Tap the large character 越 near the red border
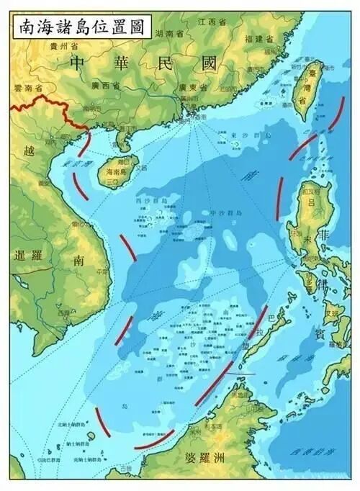tap(28, 151)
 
